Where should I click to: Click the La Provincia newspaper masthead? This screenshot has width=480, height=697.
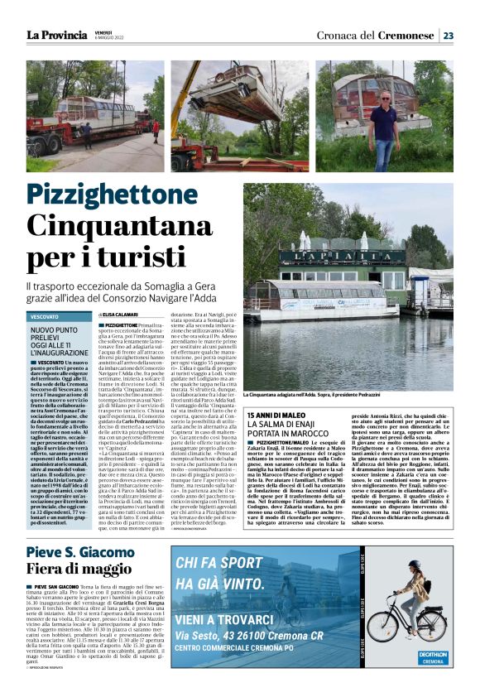tap(56, 36)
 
